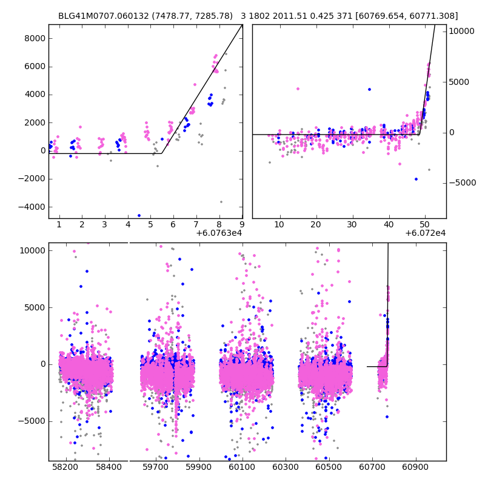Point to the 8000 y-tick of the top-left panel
coord(33,38)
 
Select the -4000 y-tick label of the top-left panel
coord(32,207)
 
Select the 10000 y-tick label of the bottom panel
coord(32,250)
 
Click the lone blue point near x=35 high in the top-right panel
coord(369,89)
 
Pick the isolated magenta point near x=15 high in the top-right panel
coord(298,89)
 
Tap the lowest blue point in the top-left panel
coord(139,215)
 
